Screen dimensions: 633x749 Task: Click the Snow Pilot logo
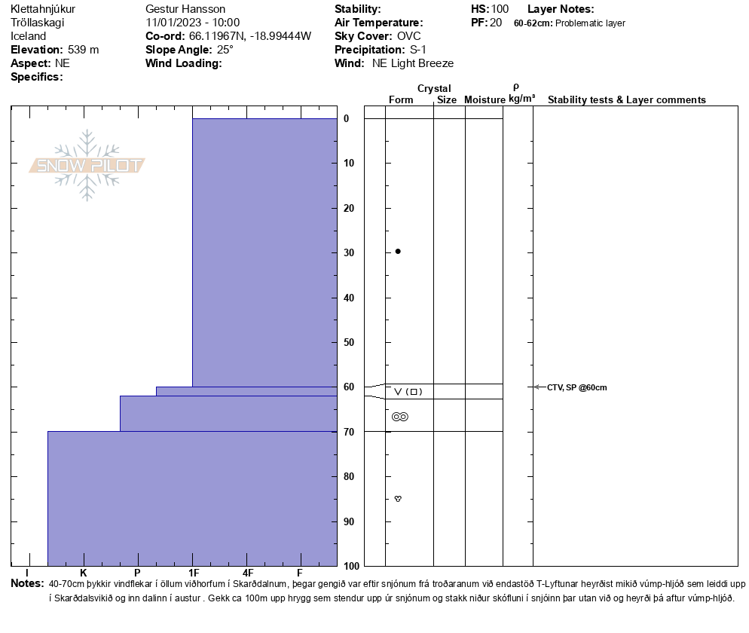pos(87,166)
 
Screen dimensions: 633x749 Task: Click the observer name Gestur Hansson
pos(185,9)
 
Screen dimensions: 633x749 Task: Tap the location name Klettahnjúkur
pos(43,9)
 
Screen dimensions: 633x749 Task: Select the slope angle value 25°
pos(225,50)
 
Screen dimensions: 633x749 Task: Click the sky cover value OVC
pos(409,36)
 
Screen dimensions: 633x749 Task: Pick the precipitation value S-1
pos(418,50)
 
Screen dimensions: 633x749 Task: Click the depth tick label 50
pos(349,343)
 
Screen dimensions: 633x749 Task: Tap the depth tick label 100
pos(351,566)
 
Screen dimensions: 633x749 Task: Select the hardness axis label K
pos(84,573)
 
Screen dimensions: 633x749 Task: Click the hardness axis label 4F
pos(247,573)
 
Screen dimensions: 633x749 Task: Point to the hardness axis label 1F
pos(194,573)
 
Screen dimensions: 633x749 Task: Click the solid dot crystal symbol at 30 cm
pos(398,251)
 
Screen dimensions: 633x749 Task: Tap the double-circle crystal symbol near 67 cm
pos(399,417)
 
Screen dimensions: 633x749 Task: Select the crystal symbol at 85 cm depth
pos(398,499)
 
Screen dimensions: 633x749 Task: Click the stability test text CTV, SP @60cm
pos(576,387)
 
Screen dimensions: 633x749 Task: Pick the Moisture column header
pos(485,100)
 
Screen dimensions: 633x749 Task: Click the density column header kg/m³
pos(521,99)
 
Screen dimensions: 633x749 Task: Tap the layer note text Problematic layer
pos(590,23)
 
